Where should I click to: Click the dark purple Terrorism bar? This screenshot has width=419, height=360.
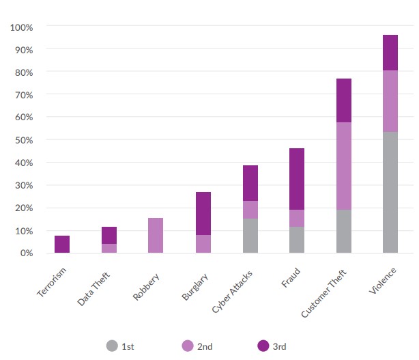62,245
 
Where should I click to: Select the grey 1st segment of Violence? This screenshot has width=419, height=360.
390,193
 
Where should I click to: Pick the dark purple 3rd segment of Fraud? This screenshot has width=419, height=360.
296,179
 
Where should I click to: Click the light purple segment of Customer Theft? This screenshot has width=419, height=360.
343,166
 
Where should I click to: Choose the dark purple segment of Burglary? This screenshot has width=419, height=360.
203,213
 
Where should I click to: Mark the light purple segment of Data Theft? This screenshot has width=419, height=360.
109,249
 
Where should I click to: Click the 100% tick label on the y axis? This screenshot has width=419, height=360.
23,27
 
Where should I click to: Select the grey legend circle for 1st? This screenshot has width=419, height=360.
113,346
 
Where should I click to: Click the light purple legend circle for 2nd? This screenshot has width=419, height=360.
188,346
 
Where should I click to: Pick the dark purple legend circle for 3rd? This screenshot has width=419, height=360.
263,346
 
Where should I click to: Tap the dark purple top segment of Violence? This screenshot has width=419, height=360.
390,53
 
